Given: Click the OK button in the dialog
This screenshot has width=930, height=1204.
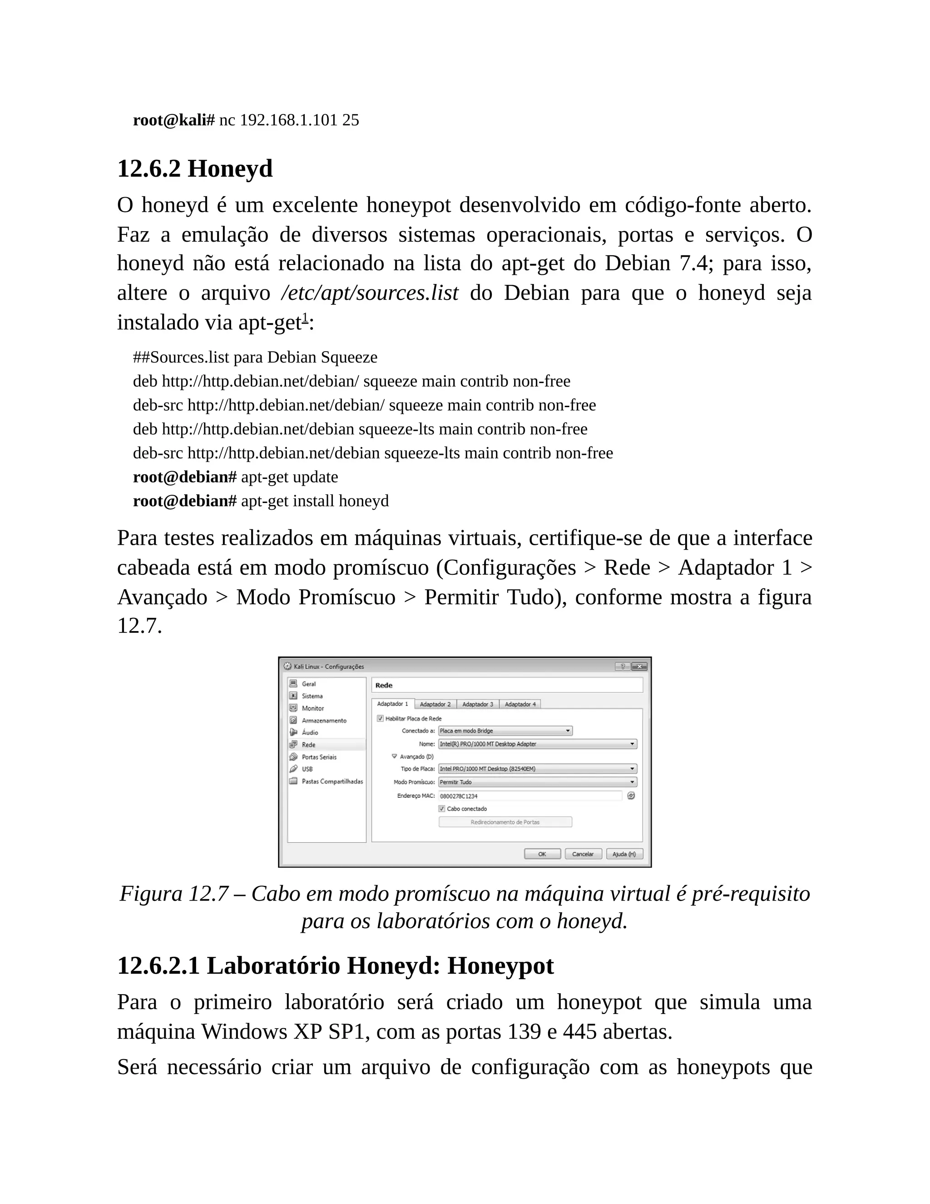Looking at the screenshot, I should click(x=542, y=854).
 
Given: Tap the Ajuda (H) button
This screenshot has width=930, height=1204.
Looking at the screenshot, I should click(x=624, y=854).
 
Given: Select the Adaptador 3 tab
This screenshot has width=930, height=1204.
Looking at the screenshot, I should click(x=478, y=704).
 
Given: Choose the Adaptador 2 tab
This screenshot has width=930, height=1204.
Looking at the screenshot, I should click(x=435, y=704).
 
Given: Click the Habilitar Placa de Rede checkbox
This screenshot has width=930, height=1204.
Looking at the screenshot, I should click(x=380, y=718).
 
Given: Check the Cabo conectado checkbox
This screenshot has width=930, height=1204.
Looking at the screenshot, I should click(x=442, y=809).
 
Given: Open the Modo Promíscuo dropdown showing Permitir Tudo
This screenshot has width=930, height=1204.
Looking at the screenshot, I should click(x=538, y=782).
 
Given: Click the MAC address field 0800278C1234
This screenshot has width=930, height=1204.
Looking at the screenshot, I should click(x=530, y=796).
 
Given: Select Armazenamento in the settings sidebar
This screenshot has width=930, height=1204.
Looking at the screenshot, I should click(x=324, y=721).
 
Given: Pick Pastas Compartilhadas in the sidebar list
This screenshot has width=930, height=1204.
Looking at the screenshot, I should click(x=332, y=781).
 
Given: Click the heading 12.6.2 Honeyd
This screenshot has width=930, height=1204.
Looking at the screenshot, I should click(x=195, y=168).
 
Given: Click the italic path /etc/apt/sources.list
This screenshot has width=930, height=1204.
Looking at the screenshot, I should click(x=369, y=293).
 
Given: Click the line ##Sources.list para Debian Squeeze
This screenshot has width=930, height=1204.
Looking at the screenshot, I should click(x=255, y=357).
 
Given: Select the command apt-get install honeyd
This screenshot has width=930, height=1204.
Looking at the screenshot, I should click(x=315, y=501).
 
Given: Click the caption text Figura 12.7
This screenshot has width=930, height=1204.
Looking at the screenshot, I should click(x=173, y=894).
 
